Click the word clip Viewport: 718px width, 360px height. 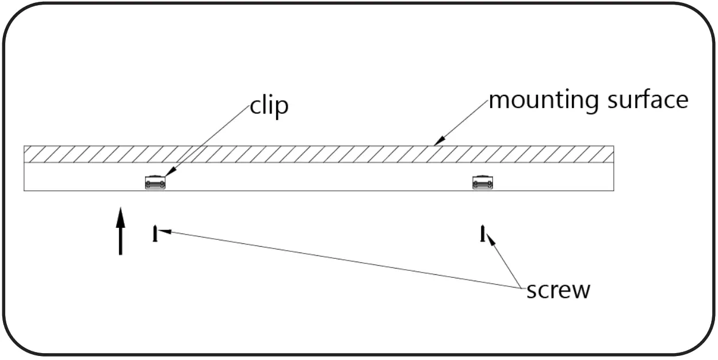click(269, 108)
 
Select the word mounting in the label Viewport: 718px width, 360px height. click(540, 101)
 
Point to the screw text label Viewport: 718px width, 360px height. click(558, 290)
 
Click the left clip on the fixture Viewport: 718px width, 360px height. click(155, 182)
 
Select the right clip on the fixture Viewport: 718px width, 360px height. click(482, 182)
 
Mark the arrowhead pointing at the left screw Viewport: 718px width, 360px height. click(165, 231)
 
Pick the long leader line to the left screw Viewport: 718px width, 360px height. click(345, 259)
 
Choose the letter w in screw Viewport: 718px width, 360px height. click(580, 290)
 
